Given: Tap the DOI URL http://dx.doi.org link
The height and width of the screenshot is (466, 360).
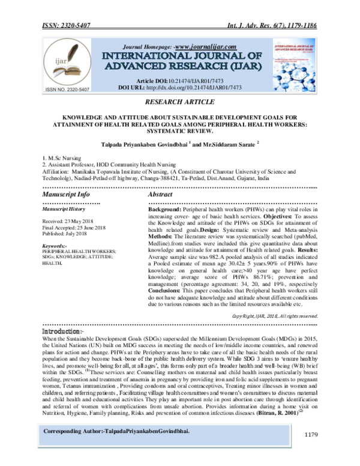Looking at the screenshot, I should point(207,86).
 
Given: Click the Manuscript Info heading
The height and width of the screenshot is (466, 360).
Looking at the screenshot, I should point(67,195).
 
